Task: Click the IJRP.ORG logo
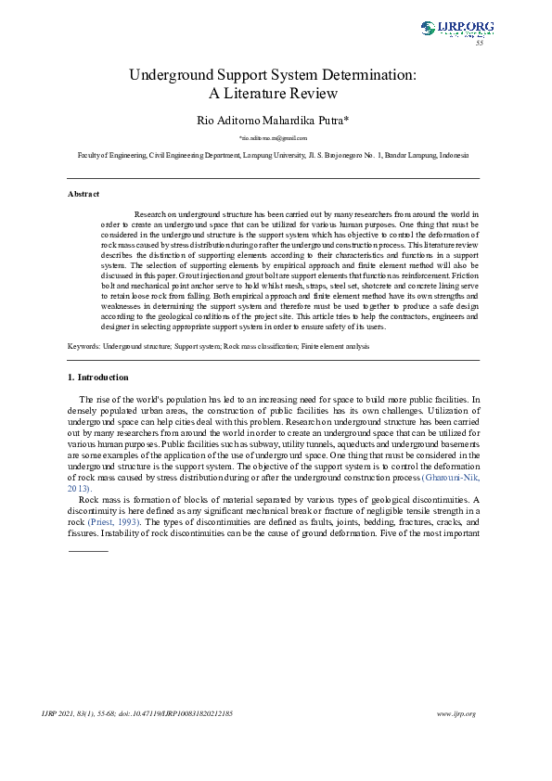pyautogui.click(x=456, y=28)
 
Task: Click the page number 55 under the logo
pyautogui.click(x=480, y=43)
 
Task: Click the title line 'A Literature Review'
pyautogui.click(x=273, y=93)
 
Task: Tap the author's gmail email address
pyautogui.click(x=273, y=137)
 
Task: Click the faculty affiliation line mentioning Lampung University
pyautogui.click(x=273, y=155)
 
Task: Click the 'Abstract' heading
pyautogui.click(x=83, y=193)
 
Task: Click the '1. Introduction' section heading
pyautogui.click(x=98, y=378)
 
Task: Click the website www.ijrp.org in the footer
pyautogui.click(x=456, y=713)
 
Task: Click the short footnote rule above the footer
pyautogui.click(x=88, y=551)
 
